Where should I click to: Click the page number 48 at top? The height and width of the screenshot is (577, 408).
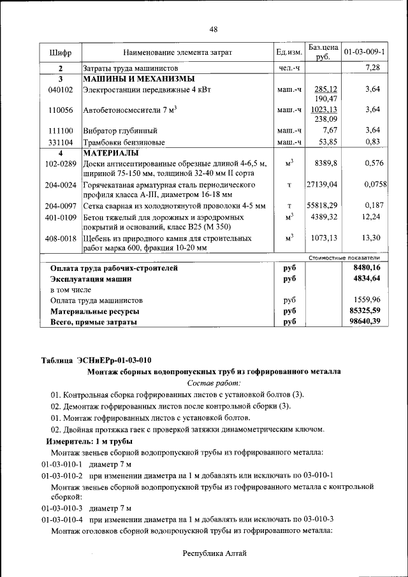(213, 29)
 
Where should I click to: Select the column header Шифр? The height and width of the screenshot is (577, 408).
(60, 52)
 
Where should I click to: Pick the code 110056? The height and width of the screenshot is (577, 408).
(60, 110)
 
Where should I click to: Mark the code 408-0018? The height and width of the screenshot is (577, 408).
(60, 238)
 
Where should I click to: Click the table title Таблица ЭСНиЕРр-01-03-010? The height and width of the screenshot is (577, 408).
(96, 359)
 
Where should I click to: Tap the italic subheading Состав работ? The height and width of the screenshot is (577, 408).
(214, 383)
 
